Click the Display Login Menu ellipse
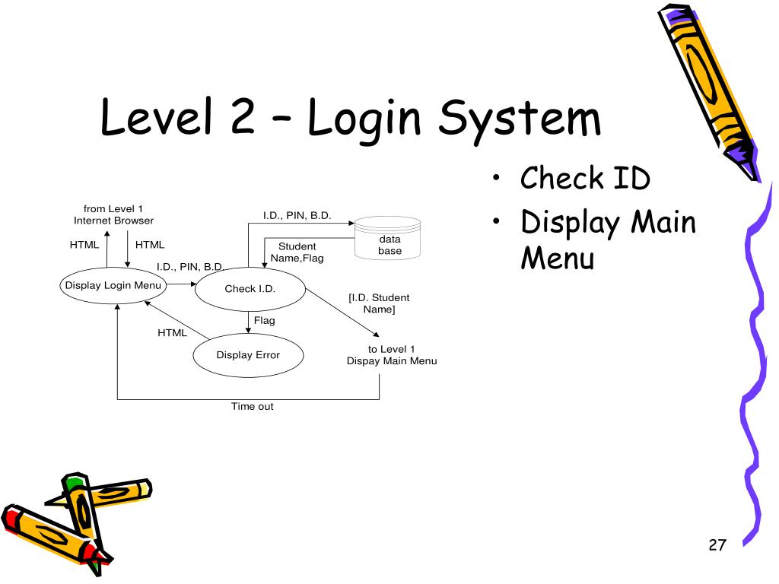tap(113, 286)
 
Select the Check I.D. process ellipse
tap(250, 289)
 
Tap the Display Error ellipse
tap(248, 355)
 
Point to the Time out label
tap(252, 407)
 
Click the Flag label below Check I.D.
tap(265, 321)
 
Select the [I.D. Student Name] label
tap(379, 303)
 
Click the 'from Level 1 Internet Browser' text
tap(113, 214)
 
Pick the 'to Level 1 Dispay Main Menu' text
tap(392, 355)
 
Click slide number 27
tap(717, 544)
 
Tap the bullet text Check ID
tap(585, 179)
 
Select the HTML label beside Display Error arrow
tap(172, 332)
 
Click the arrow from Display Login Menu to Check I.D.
tap(181, 284)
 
